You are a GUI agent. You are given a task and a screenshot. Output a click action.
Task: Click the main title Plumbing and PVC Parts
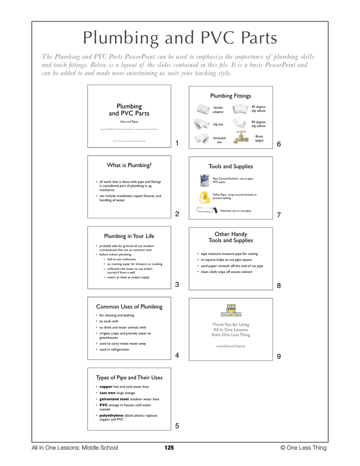(x=180, y=38)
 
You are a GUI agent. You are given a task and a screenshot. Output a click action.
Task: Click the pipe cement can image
(x=204, y=181)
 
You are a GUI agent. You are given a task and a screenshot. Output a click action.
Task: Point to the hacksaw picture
(x=207, y=210)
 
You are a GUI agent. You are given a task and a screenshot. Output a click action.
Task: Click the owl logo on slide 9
(x=231, y=310)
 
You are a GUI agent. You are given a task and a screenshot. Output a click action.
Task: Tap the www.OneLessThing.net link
(x=231, y=346)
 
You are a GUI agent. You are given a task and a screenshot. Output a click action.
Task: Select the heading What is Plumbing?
(x=129, y=165)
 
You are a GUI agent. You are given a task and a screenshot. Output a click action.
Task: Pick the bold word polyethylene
(x=112, y=415)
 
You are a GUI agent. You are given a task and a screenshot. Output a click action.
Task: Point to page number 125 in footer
(x=169, y=448)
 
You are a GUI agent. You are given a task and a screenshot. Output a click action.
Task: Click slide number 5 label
(x=177, y=426)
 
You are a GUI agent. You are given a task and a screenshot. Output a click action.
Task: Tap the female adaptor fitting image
(x=203, y=109)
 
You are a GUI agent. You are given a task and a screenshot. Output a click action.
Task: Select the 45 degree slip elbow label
(x=258, y=109)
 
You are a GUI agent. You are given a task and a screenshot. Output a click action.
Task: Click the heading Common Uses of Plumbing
(x=129, y=306)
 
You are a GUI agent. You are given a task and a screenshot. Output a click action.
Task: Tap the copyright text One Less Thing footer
(x=304, y=448)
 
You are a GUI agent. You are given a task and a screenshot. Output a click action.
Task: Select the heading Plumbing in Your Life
(x=129, y=236)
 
